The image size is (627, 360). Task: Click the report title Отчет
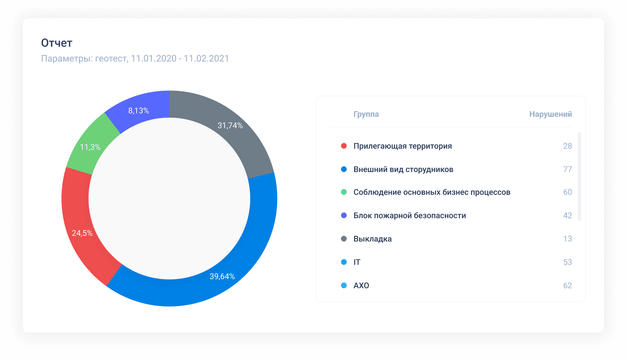[57, 43]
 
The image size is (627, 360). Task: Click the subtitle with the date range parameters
[135, 58]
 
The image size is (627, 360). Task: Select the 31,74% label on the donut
[230, 125]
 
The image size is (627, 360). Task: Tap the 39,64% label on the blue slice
[222, 276]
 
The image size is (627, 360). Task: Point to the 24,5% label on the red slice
[82, 233]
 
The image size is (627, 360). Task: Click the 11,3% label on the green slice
[90, 147]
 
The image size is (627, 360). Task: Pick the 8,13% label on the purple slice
[138, 111]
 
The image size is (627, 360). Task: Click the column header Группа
[366, 114]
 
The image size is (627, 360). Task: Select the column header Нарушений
[550, 114]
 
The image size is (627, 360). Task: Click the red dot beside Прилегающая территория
[344, 146]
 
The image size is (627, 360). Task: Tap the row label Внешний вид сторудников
[403, 169]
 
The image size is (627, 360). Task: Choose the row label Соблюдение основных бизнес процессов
[432, 192]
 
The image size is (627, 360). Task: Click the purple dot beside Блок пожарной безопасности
[344, 215]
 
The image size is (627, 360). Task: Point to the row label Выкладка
[372, 239]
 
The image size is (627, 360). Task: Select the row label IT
[357, 262]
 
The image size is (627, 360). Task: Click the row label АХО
[361, 286]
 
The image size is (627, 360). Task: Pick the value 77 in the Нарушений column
[567, 169]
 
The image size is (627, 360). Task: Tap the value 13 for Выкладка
[567, 239]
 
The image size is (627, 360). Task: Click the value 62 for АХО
[567, 286]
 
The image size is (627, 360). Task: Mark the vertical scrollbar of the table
[580, 176]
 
